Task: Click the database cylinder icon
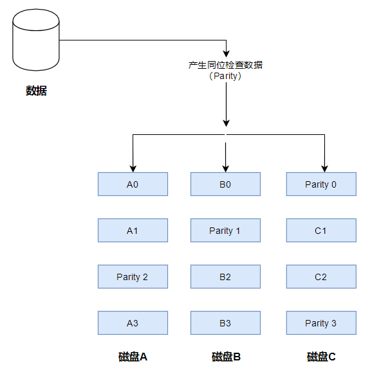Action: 36,40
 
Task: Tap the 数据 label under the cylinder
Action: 36,91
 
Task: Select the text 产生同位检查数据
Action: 225,65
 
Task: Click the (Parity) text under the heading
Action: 225,76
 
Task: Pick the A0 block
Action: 133,184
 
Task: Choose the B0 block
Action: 225,184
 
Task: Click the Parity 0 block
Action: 320,184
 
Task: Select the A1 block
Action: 133,231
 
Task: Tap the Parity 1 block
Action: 225,231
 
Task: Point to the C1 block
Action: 320,231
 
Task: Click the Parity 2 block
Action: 133,277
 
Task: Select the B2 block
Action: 225,277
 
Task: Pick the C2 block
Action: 320,277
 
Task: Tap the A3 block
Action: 133,323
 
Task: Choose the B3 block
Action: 225,323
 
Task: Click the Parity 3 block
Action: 320,323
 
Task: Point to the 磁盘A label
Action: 133,357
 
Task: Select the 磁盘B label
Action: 226,357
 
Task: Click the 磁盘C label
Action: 321,357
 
